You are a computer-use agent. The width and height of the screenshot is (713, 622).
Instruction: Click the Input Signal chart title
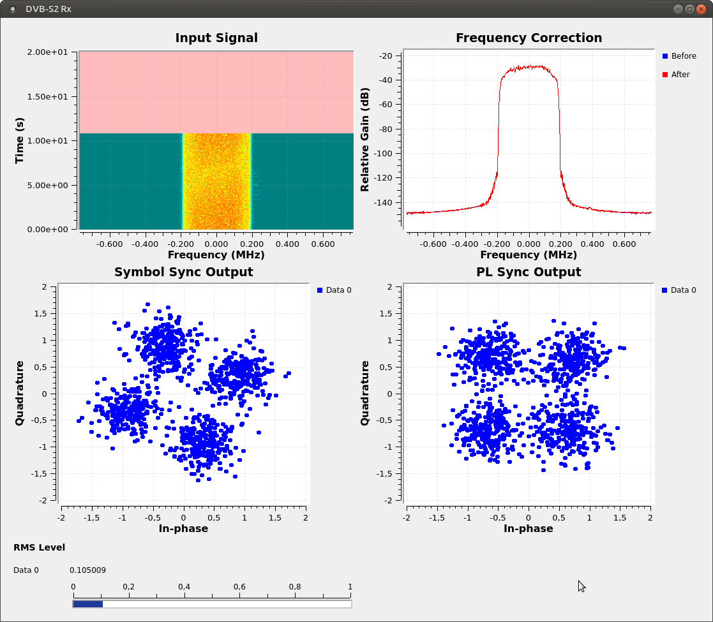point(216,38)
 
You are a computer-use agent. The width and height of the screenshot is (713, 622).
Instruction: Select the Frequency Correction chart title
point(529,38)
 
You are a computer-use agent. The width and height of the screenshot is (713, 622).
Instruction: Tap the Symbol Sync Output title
point(183,272)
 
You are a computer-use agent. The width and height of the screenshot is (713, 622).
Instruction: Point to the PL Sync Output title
point(529,272)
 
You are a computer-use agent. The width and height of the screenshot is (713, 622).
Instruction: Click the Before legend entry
point(680,56)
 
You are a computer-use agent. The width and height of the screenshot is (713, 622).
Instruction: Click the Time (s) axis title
point(20,140)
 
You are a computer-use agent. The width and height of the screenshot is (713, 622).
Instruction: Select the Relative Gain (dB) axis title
point(365,140)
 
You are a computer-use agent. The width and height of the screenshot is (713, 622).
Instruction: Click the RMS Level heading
point(39,547)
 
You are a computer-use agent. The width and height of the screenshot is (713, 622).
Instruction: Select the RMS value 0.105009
point(87,570)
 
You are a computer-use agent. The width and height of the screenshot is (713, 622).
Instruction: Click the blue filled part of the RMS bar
point(87,603)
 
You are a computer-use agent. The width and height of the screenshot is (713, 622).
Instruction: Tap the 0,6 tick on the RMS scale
point(239,587)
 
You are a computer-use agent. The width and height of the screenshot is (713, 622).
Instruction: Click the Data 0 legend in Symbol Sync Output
point(334,290)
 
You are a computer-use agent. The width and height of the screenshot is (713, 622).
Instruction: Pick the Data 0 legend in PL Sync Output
point(679,290)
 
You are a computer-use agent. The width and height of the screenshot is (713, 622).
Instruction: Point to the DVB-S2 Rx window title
point(48,9)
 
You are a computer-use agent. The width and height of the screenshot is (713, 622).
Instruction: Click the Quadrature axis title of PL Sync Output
point(365,393)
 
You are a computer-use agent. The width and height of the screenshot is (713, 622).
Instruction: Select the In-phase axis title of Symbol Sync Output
point(183,529)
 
